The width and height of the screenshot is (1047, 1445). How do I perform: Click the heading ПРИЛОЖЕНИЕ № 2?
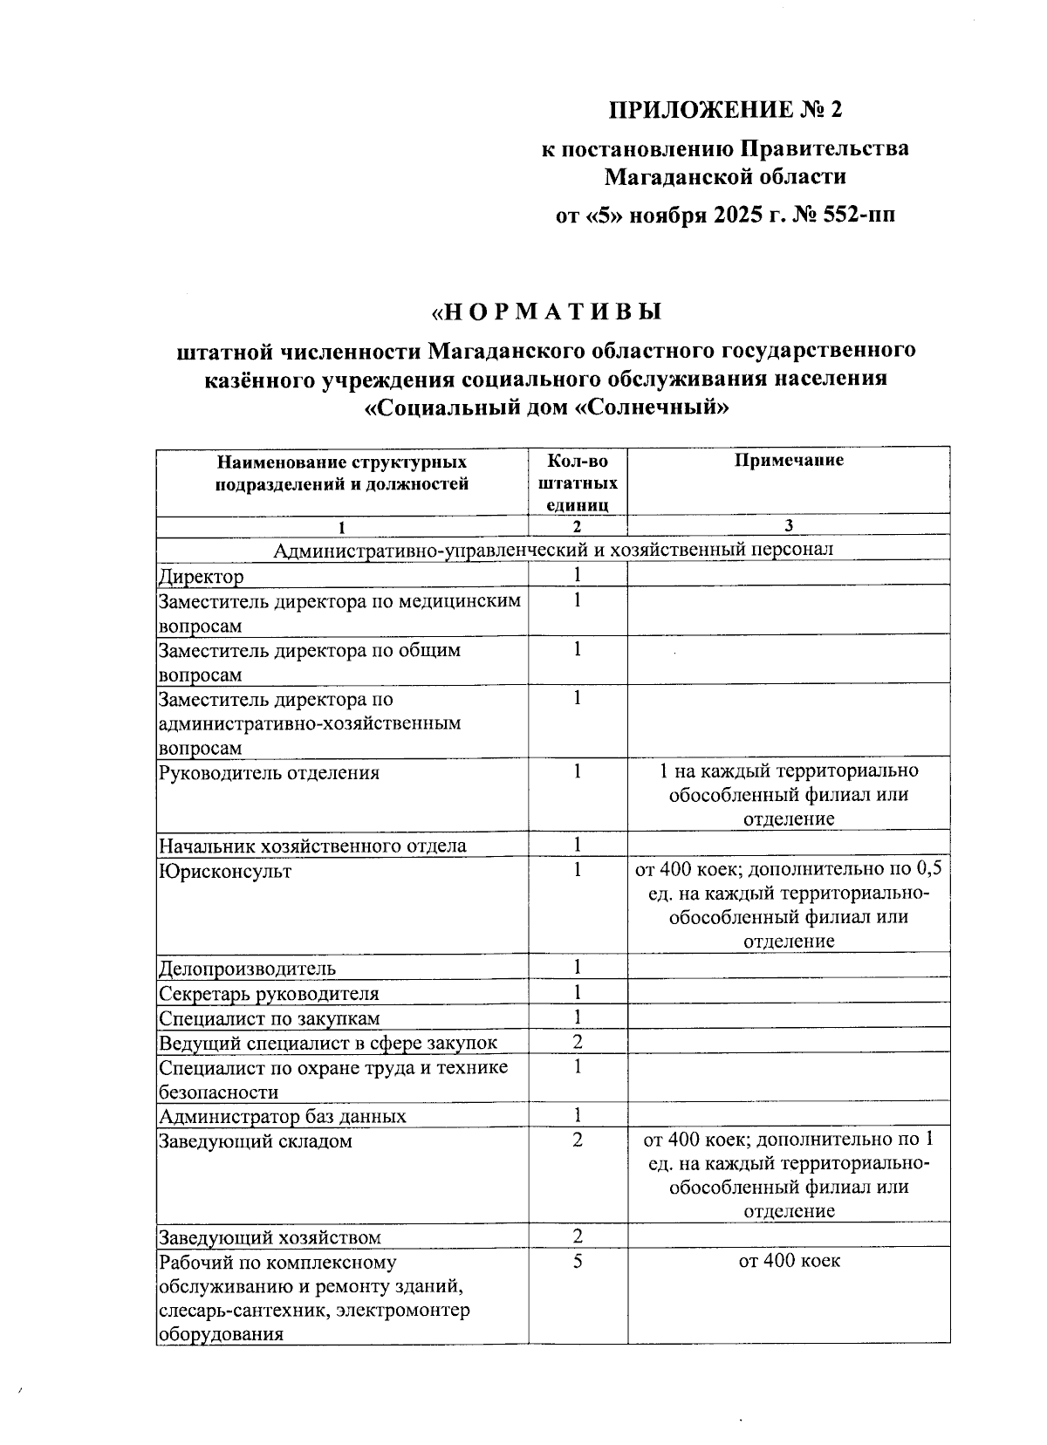pyautogui.click(x=726, y=110)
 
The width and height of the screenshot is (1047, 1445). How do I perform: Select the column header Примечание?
pyautogui.click(x=788, y=461)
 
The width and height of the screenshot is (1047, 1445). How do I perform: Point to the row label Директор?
pyautogui.click(x=202, y=577)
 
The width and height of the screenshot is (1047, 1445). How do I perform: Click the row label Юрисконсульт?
pyautogui.click(x=225, y=871)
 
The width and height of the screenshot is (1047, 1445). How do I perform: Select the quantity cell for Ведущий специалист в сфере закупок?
pyautogui.click(x=577, y=1042)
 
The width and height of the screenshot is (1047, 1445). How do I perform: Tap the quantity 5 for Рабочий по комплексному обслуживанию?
pyautogui.click(x=577, y=1261)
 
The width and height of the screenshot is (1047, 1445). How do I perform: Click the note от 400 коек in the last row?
pyautogui.click(x=789, y=1261)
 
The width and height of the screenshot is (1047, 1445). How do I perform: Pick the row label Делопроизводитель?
pyautogui.click(x=247, y=969)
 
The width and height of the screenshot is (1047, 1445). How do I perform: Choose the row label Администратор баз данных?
pyautogui.click(x=282, y=1116)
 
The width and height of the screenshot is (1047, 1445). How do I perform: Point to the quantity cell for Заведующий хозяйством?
pyautogui.click(x=577, y=1236)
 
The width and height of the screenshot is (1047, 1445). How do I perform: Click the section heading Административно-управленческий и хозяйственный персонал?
pyautogui.click(x=553, y=549)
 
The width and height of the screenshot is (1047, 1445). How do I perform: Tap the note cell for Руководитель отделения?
pyautogui.click(x=789, y=795)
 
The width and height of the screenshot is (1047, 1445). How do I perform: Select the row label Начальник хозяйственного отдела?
pyautogui.click(x=312, y=846)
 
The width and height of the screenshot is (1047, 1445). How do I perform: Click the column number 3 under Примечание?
pyautogui.click(x=788, y=525)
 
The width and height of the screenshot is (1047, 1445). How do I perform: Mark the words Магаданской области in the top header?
pyautogui.click(x=726, y=177)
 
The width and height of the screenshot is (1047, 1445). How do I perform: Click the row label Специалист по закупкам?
pyautogui.click(x=269, y=1018)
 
